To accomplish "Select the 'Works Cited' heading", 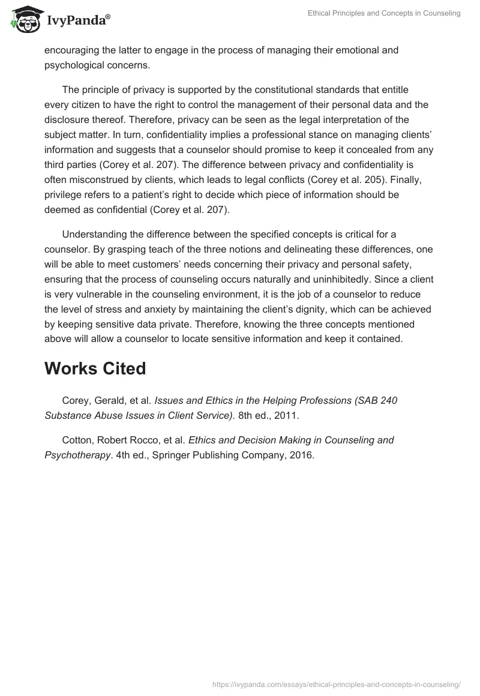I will tap(95, 368).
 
